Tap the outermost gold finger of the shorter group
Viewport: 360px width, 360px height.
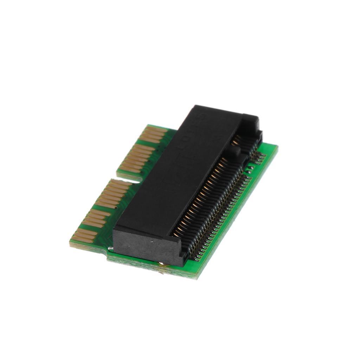pos(156,130)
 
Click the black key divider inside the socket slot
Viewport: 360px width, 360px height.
pos(232,152)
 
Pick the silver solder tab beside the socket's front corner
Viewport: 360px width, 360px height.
pos(110,249)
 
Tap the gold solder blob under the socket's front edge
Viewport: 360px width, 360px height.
pos(161,264)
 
